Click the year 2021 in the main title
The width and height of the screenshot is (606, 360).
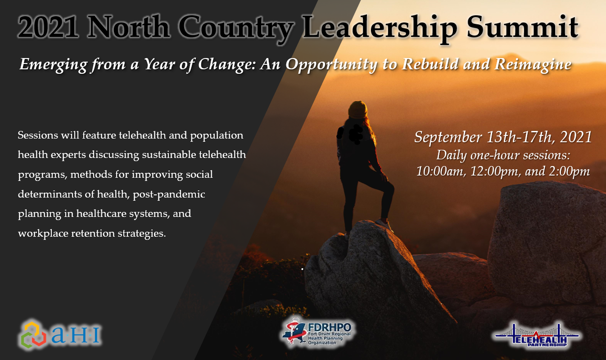tap(49, 27)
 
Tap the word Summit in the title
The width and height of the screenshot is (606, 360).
tap(522, 27)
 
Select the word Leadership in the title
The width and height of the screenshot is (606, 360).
tap(380, 28)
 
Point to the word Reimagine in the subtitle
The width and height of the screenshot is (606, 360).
tap(533, 65)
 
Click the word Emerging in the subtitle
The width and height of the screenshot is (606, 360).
tap(54, 65)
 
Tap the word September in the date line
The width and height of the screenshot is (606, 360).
tap(448, 137)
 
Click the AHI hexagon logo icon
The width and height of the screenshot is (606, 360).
tap(33, 334)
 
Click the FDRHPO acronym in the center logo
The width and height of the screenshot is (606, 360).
tap(330, 327)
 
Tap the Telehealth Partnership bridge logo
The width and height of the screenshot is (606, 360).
tap(537, 336)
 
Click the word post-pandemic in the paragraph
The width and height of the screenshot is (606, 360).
tap(169, 194)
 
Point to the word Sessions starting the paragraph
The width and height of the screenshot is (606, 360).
tap(38, 135)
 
